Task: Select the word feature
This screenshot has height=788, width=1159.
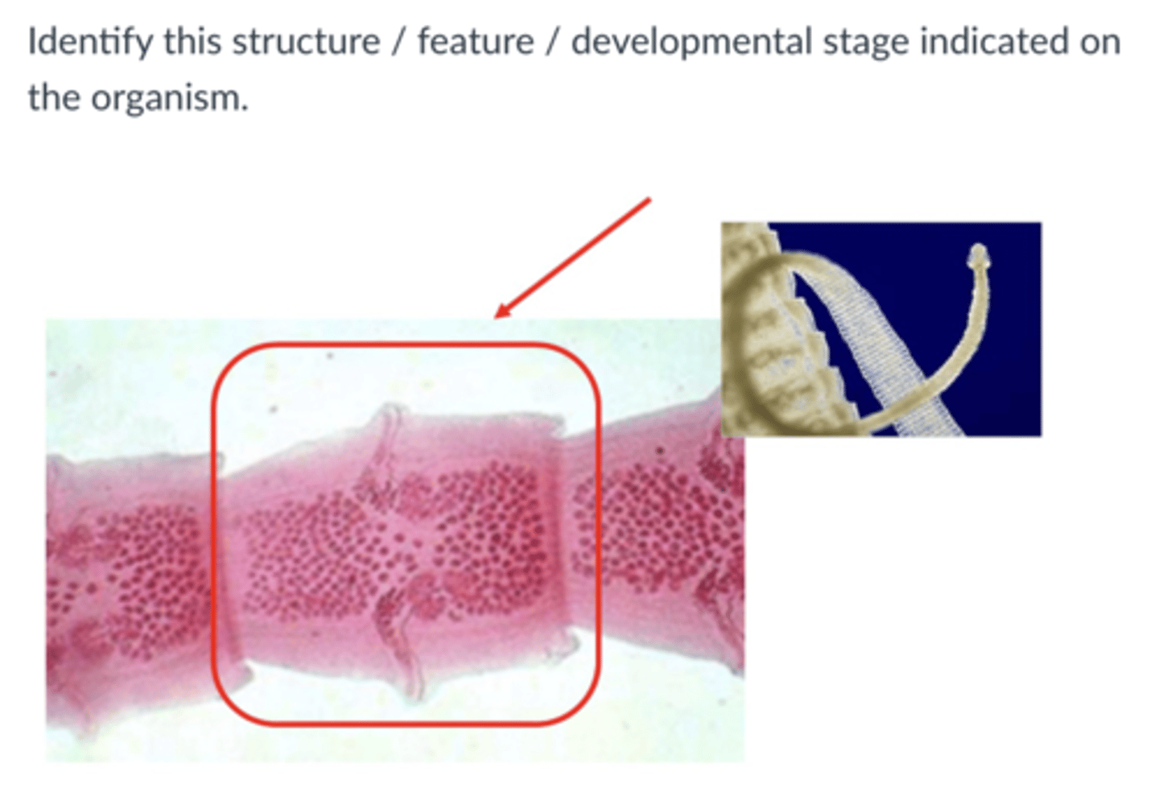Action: click(x=475, y=42)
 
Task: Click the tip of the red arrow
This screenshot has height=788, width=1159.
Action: click(x=496, y=316)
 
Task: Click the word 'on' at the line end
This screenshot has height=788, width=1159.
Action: click(x=1099, y=42)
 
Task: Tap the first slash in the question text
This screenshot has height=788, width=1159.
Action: click(x=398, y=42)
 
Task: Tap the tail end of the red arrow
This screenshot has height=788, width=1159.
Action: click(x=649, y=200)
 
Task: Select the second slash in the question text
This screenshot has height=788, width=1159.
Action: click(x=552, y=42)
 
